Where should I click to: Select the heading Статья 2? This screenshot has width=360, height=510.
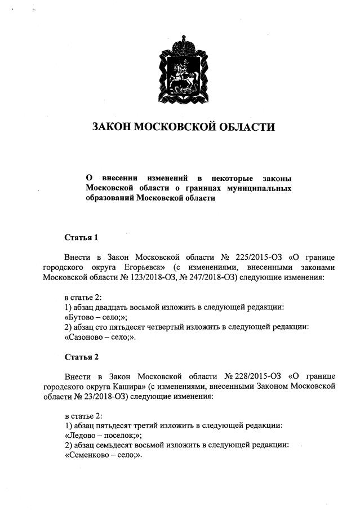[x=81, y=357]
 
